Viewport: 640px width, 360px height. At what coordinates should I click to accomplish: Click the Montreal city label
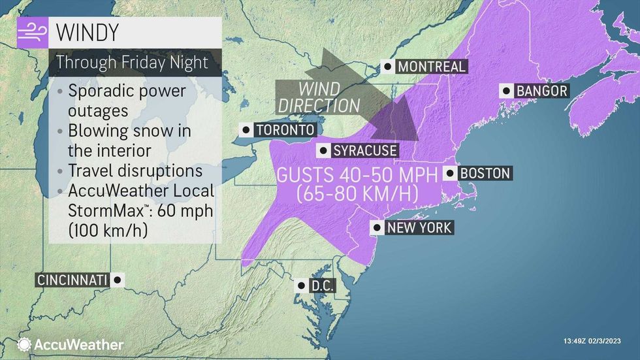(x=431, y=67)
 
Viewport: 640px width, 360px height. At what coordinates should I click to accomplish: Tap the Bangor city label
(x=541, y=91)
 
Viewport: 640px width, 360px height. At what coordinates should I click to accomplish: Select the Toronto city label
(x=285, y=130)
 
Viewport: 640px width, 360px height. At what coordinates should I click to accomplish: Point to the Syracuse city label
(x=364, y=151)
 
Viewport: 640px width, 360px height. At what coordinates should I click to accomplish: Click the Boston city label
(x=484, y=174)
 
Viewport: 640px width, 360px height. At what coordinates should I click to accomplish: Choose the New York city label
(x=419, y=228)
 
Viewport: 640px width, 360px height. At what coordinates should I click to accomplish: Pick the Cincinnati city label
(x=72, y=280)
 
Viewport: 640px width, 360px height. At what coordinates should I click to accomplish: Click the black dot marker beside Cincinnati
(x=117, y=280)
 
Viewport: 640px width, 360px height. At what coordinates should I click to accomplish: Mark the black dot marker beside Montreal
(x=389, y=67)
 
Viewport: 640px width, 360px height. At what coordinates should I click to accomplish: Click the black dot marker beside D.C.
(x=300, y=286)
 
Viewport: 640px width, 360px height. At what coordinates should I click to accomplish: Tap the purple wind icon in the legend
(x=31, y=31)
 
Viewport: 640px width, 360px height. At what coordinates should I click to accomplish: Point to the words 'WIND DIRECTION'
(x=318, y=97)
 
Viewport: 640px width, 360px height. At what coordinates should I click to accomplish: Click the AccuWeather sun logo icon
(x=24, y=344)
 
